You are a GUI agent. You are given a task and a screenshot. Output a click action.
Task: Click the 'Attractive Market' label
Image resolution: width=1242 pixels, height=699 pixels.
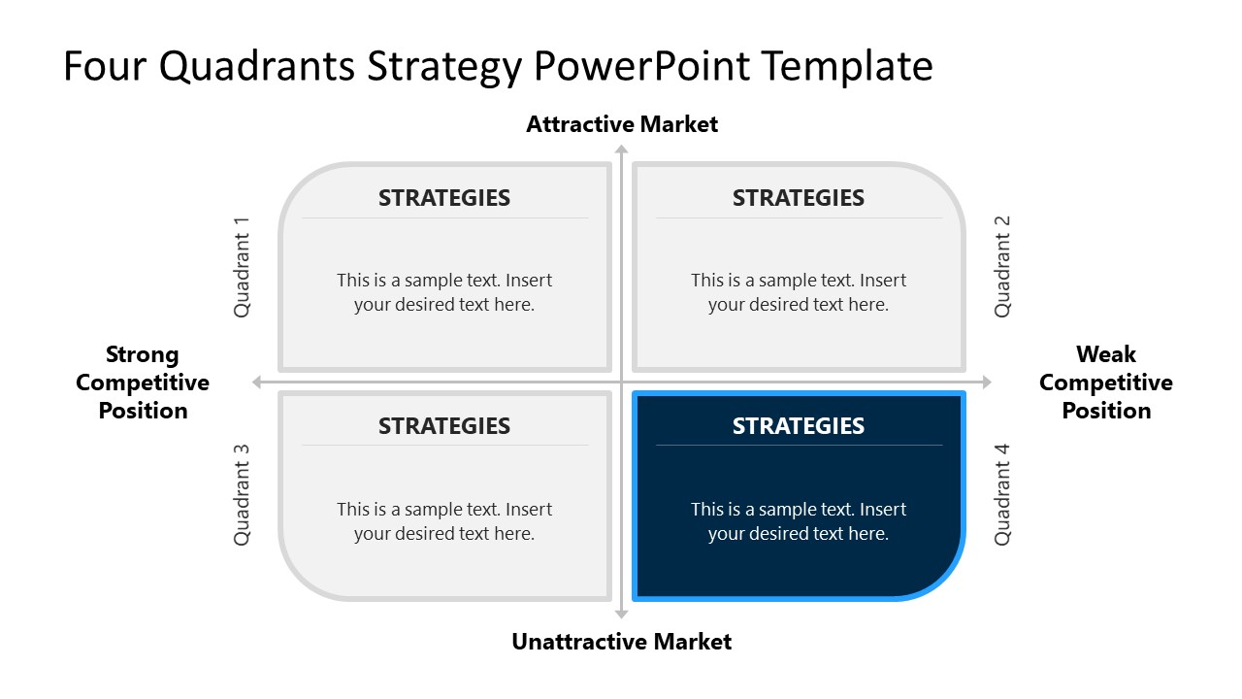(622, 124)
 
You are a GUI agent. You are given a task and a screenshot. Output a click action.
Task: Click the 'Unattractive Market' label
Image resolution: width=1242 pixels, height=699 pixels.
(622, 642)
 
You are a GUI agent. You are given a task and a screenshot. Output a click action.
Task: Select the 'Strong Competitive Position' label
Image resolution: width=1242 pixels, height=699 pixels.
(143, 383)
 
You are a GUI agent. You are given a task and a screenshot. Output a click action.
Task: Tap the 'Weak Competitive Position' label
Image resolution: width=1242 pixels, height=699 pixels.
(1105, 383)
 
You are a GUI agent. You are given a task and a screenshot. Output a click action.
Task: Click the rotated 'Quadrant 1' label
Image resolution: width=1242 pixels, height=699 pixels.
(243, 267)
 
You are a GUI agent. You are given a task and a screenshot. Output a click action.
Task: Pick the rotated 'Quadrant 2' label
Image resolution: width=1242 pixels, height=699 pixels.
(1002, 267)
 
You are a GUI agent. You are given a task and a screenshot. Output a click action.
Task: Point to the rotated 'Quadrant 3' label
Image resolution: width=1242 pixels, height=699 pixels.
(243, 495)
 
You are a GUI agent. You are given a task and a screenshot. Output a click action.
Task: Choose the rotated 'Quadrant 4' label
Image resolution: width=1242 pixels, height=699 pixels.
(1002, 495)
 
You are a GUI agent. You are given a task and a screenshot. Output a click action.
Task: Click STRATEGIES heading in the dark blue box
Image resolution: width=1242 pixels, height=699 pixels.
(798, 426)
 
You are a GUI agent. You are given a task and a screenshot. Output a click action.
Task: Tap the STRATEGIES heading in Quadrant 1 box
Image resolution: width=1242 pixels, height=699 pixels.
(443, 198)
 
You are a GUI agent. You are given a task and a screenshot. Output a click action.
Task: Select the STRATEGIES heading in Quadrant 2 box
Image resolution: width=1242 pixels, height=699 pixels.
(798, 198)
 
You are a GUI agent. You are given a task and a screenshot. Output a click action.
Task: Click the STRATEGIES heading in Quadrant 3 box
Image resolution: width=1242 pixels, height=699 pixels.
(443, 426)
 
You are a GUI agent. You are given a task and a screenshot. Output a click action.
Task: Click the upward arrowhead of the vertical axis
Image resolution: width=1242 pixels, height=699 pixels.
(622, 150)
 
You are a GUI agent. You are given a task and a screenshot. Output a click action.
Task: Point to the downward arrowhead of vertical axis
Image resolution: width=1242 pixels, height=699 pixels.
(622, 614)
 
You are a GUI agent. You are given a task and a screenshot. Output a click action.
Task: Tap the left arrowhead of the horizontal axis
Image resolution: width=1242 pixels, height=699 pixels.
(257, 383)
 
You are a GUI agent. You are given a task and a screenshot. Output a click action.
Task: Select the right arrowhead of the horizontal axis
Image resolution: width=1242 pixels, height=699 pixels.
(987, 383)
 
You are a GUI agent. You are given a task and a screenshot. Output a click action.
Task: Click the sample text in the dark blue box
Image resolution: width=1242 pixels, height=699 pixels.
(798, 521)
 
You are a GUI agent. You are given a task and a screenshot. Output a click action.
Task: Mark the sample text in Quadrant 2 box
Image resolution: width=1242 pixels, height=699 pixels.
(798, 292)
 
